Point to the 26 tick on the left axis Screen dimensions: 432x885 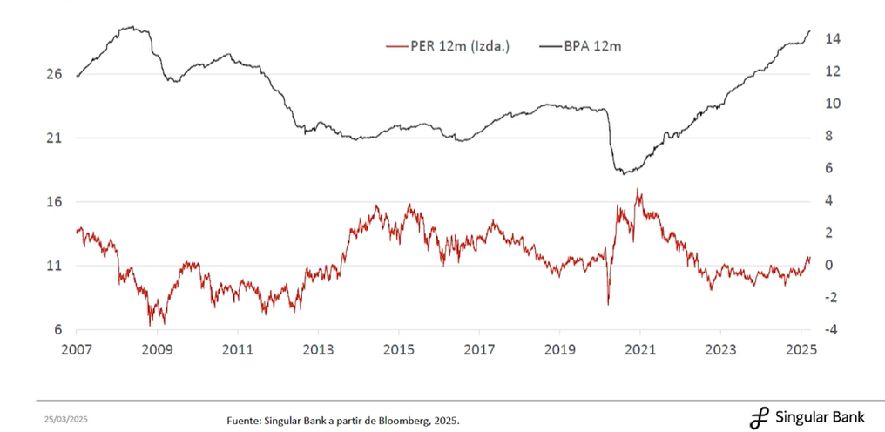tap(54, 75)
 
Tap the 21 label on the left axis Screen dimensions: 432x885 tap(54, 138)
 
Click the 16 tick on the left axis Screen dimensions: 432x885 tap(54, 202)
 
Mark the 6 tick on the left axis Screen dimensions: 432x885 tap(57, 330)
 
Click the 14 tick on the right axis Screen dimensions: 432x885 tap(833, 39)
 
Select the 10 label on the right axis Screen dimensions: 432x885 tap(833, 104)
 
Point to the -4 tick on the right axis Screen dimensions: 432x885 tap(832, 330)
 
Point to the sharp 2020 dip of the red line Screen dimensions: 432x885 tap(608, 303)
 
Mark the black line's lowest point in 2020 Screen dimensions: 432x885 tap(624, 174)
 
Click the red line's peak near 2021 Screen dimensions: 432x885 tap(638, 189)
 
